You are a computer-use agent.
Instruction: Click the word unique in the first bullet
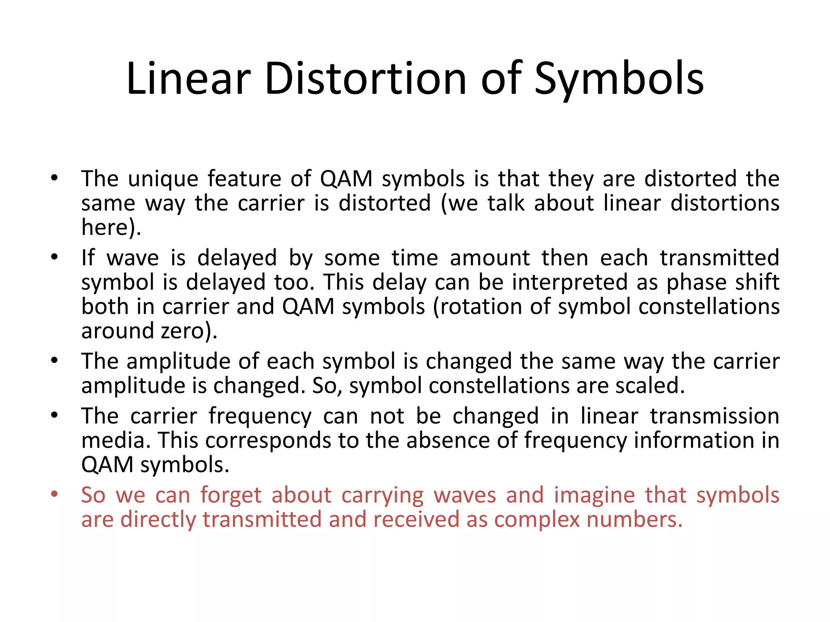click(163, 179)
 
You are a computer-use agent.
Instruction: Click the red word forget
click(231, 495)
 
